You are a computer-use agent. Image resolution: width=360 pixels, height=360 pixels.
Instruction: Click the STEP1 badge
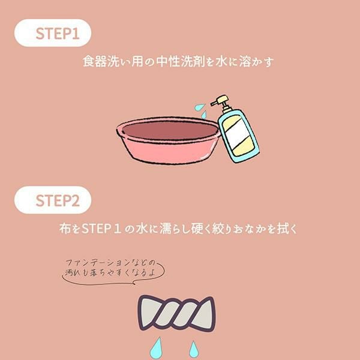point(53,33)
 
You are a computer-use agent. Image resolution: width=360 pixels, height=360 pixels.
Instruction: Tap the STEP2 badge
point(53,200)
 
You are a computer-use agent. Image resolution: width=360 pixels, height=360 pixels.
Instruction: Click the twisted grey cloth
point(176,313)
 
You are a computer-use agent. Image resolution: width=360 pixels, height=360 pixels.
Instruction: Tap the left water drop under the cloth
point(156,349)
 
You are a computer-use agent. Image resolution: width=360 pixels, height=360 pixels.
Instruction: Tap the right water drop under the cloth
point(194,350)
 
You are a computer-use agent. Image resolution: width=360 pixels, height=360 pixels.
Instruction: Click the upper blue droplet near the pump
point(199,107)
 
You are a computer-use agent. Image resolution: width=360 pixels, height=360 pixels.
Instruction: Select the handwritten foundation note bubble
point(113,272)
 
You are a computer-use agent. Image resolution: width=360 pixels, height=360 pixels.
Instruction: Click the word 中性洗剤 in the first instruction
point(180,62)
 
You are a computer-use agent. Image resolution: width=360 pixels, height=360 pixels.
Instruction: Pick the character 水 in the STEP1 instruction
point(221,62)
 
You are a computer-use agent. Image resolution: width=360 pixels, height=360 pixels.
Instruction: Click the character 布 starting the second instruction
point(65,229)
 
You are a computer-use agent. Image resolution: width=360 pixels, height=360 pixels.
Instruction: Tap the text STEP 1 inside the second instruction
point(102,229)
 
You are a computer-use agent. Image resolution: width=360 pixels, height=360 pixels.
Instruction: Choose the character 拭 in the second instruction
point(283,229)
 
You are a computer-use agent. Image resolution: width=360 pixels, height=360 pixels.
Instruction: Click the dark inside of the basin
point(170,130)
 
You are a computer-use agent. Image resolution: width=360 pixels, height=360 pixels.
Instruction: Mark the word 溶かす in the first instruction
point(256,62)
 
